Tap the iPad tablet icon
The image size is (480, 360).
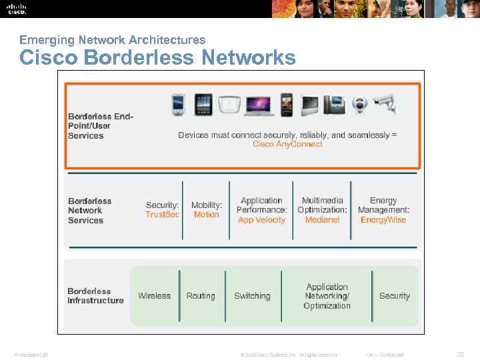203,104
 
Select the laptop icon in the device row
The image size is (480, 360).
259,105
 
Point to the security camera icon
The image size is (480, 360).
385,103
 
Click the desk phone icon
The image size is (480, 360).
334,105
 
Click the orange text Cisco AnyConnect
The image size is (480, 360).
287,144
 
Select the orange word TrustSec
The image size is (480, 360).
163,215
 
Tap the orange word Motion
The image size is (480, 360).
207,215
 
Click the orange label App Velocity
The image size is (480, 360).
262,220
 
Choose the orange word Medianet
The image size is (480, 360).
323,220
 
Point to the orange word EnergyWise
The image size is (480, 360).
383,220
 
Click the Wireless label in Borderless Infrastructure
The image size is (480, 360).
154,296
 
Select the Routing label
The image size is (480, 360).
201,296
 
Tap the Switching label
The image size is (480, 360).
252,296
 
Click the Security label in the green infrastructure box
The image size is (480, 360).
394,296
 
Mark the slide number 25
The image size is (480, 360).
460,354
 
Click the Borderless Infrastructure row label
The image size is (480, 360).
95,296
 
